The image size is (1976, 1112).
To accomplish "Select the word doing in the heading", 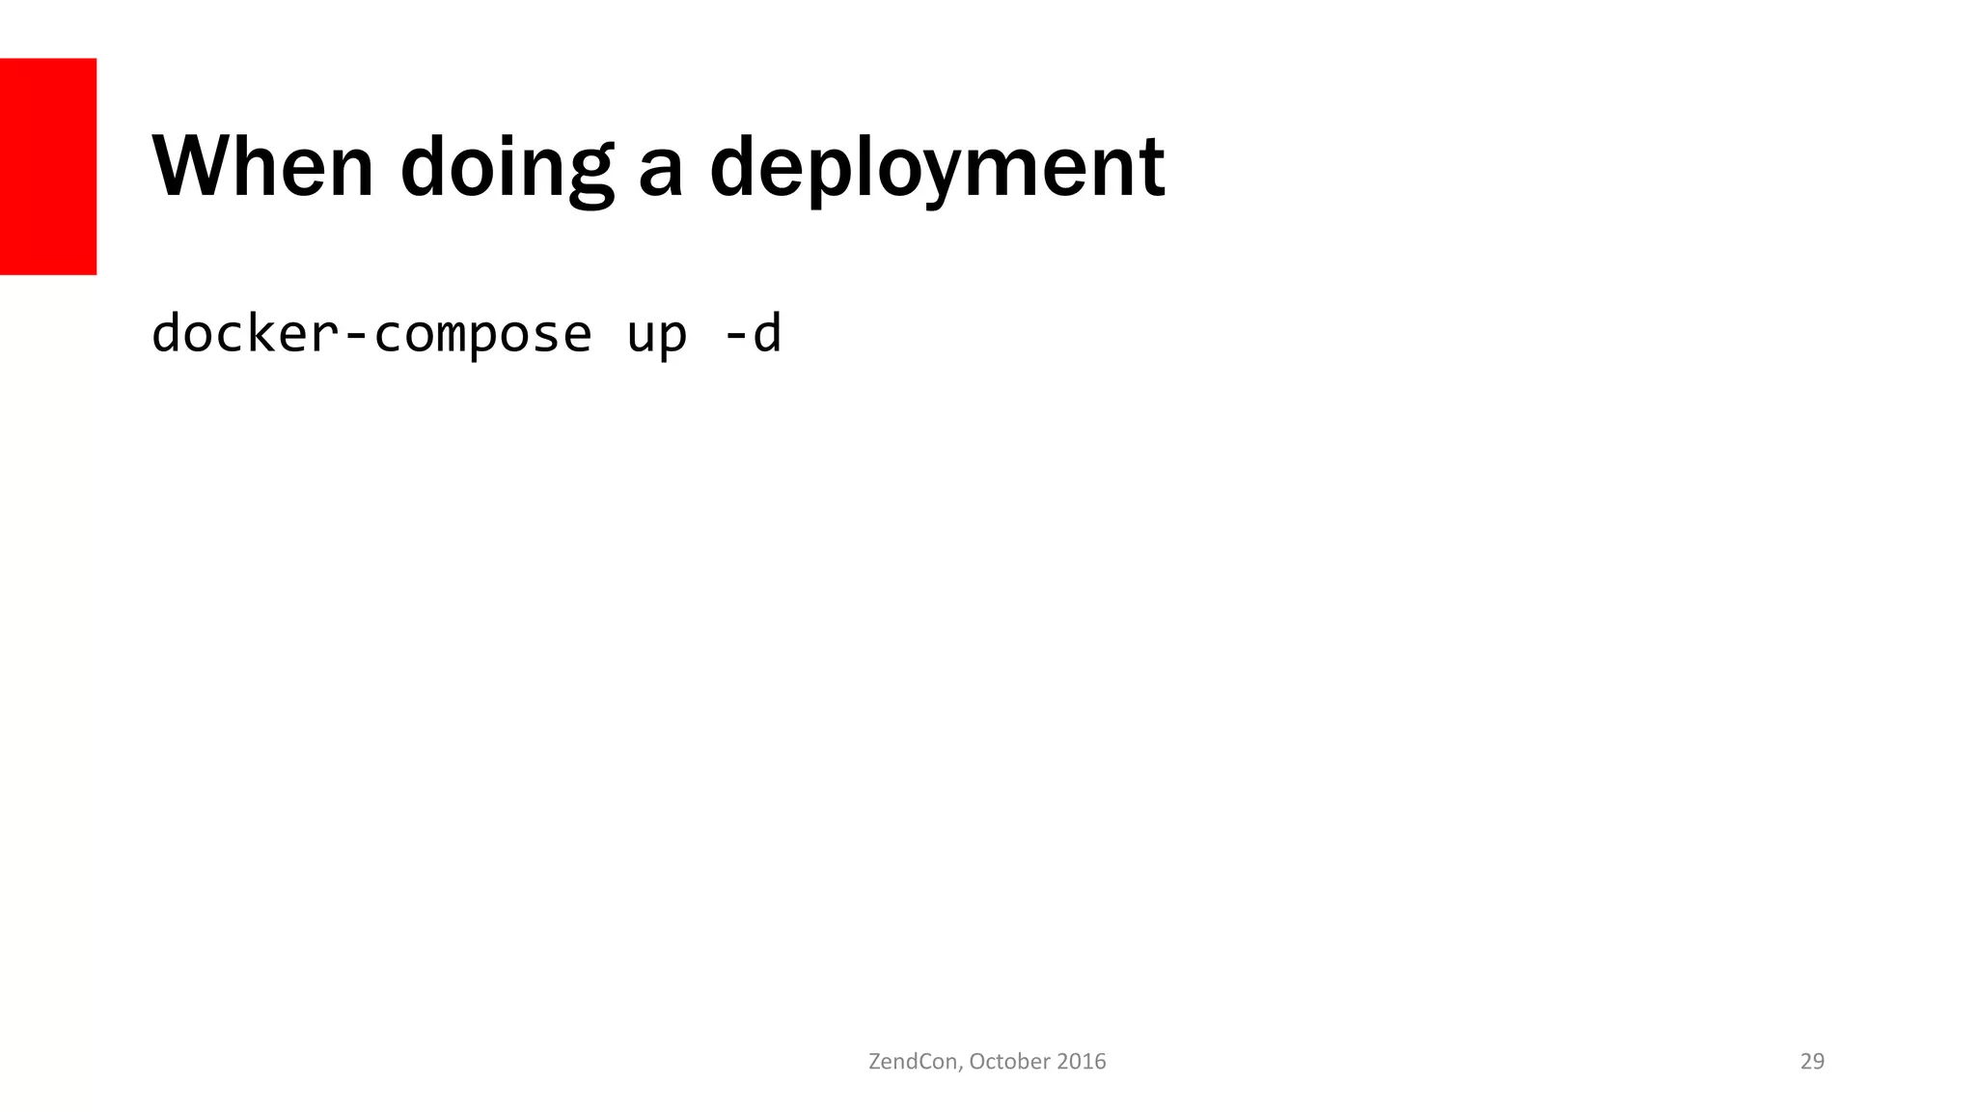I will pos(507,169).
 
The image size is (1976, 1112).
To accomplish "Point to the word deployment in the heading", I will pos(937,169).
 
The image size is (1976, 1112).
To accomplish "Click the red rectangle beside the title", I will pos(48,166).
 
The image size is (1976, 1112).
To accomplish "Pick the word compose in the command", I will pos(482,336).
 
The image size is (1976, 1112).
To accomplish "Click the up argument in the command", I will pos(657,336).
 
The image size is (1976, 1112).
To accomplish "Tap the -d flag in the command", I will pos(752,334).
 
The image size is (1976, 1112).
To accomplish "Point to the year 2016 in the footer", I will pos(1082,1062).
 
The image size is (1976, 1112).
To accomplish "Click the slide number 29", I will pos(1812,1062).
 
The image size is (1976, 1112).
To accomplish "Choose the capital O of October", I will pos(977,1062).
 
